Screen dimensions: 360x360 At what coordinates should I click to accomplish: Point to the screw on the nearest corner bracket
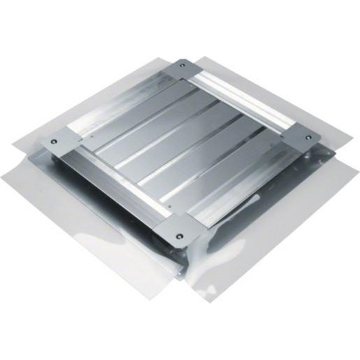[x=181, y=236]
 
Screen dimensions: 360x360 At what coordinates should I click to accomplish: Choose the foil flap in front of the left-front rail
[x=77, y=224]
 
